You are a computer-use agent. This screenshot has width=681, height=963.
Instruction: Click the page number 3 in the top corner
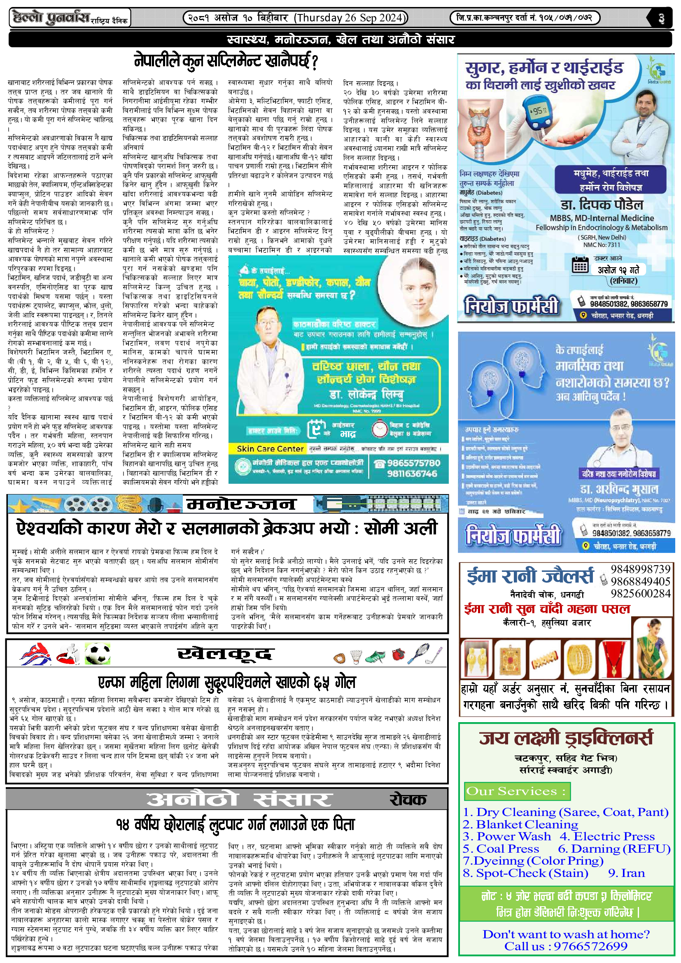tap(661, 19)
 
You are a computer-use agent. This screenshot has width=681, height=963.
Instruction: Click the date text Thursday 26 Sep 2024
tap(350, 18)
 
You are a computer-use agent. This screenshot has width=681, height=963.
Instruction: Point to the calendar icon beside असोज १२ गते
tap(581, 265)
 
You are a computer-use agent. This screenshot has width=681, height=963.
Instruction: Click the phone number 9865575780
tap(413, 463)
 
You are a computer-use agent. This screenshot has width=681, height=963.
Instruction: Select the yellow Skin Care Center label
tap(270, 449)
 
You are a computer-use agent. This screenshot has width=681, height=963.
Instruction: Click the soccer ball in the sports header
tap(97, 654)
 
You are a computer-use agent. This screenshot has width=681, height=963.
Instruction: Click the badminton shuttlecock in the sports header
tap(356, 656)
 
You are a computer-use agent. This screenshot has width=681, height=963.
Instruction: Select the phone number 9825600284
tap(640, 594)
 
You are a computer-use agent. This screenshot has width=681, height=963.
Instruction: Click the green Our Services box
tap(517, 791)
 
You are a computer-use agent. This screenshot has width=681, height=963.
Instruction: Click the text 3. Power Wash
tap(506, 836)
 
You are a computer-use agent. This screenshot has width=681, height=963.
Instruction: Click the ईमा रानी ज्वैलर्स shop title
tap(530, 576)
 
